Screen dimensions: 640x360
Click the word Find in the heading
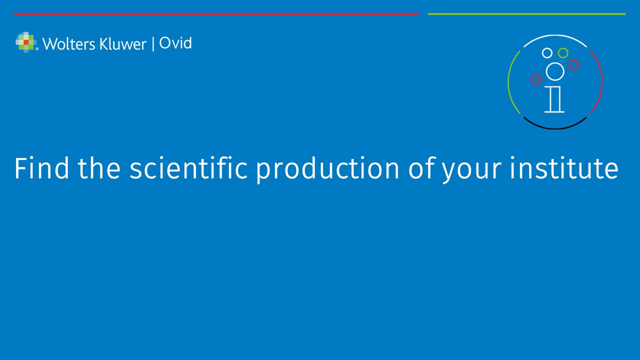[41, 168]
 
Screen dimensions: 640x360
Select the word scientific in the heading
[188, 168]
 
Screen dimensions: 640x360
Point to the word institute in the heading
[564, 168]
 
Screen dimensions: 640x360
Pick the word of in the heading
[422, 167]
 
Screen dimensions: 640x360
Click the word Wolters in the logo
[68, 44]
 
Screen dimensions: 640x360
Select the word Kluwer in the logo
[123, 44]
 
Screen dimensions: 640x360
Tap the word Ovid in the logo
[175, 43]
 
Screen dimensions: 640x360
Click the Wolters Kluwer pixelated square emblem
[26, 42]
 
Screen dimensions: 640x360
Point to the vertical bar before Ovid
[153, 43]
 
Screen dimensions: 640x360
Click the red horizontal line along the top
[216, 13]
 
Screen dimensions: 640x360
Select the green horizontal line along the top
[526, 13]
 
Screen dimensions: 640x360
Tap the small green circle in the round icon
[563, 53]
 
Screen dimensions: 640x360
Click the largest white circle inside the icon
[555, 71]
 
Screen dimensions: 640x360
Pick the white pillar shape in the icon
[554, 99]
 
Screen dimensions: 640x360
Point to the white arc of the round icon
[555, 35]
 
